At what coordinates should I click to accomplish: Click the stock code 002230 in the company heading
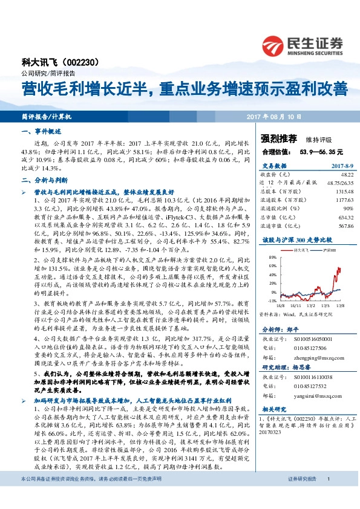pos(91,62)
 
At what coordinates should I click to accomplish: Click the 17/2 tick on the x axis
pos(313,306)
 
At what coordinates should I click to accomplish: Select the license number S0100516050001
pos(315,340)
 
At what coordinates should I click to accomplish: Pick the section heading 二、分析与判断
pos(42,180)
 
